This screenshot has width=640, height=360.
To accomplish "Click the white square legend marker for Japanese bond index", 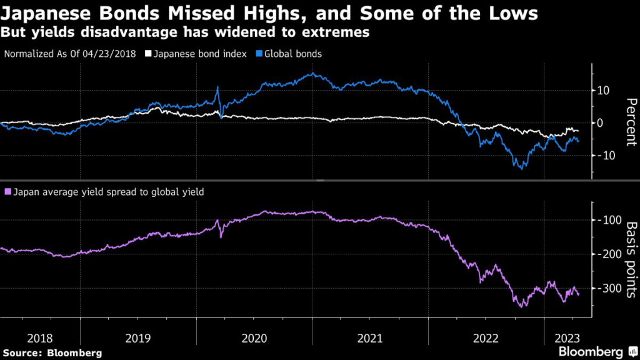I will (x=148, y=54).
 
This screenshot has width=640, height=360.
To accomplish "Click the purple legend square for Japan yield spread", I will (x=7, y=192).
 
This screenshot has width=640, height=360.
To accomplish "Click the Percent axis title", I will (x=630, y=121).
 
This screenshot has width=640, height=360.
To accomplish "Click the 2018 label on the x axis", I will (x=39, y=338).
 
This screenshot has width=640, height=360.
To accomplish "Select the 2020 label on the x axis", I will (x=254, y=338).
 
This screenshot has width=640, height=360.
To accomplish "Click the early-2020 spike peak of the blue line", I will (x=217, y=87).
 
